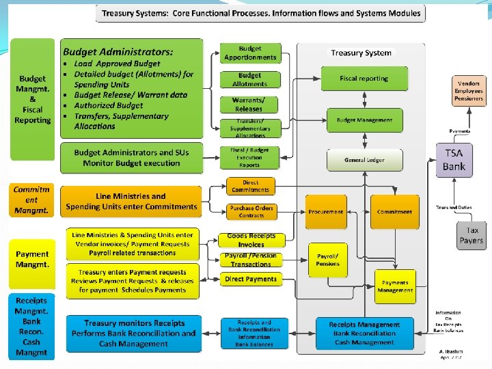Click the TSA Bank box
tap(454, 161)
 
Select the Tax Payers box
tap(471, 235)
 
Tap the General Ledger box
tap(365, 160)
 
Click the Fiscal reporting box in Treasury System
tap(364, 79)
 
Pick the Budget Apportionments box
tap(250, 53)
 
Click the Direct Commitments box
tap(251, 186)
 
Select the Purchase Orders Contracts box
tap(251, 211)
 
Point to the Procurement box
tap(326, 212)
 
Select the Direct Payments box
tap(251, 279)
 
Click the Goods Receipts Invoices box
tap(251, 240)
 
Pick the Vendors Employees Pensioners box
tap(469, 91)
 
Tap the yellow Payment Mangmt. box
tap(33, 259)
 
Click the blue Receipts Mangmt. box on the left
tap(31, 326)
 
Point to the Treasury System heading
tap(361, 53)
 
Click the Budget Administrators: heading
tap(118, 51)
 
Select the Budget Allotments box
tap(250, 79)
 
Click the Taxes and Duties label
tap(454, 207)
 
